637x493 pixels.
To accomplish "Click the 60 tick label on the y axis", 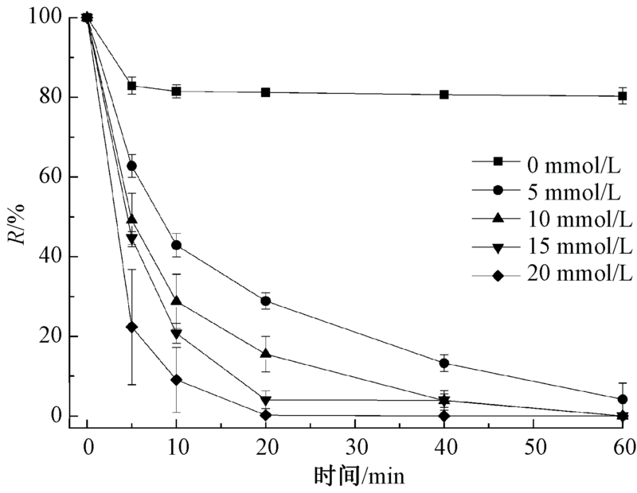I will [59, 177].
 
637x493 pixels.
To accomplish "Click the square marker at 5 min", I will [132, 86].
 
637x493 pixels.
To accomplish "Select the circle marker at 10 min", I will [176, 245].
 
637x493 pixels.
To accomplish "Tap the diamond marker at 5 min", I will [132, 327].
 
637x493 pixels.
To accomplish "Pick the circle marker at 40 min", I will [444, 363].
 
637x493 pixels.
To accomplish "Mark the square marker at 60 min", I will [622, 96].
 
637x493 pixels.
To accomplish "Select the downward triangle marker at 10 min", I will [176, 334].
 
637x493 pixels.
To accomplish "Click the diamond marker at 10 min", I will [176, 380].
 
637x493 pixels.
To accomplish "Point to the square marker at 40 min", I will [444, 95].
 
